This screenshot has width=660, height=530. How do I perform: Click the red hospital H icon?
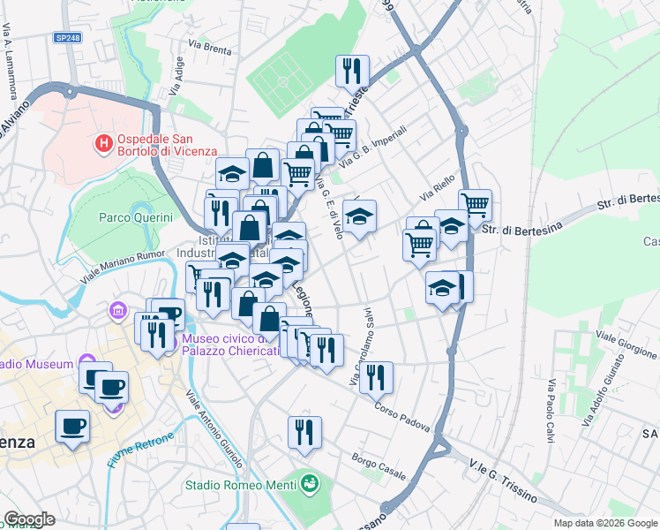click(104, 142)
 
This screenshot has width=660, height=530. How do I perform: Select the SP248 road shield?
click(67, 37)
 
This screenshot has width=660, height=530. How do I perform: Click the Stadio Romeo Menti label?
click(240, 485)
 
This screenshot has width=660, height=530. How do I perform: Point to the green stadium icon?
click(310, 483)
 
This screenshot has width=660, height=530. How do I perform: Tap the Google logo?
click(30, 519)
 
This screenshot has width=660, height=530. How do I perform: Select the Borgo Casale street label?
click(379, 466)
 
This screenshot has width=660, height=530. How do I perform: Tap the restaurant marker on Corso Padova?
click(377, 377)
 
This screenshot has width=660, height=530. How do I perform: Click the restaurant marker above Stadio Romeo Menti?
click(304, 432)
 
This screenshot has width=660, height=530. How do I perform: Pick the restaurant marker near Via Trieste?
click(352, 70)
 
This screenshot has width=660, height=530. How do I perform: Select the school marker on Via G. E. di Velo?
click(359, 216)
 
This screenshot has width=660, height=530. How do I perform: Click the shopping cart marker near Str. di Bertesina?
click(475, 206)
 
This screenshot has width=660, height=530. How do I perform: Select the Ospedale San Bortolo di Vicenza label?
click(155, 143)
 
